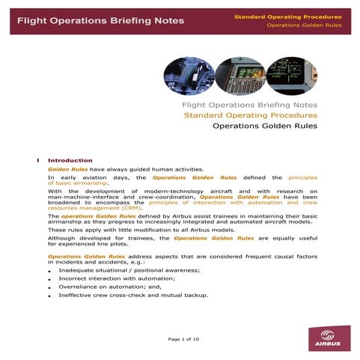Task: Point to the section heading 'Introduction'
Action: coord(70,160)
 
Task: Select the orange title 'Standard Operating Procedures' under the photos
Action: coord(251,115)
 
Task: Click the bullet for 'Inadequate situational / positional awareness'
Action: coord(49,271)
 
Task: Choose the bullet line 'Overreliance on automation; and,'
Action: coord(105,287)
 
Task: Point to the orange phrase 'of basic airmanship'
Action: coord(78,183)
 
